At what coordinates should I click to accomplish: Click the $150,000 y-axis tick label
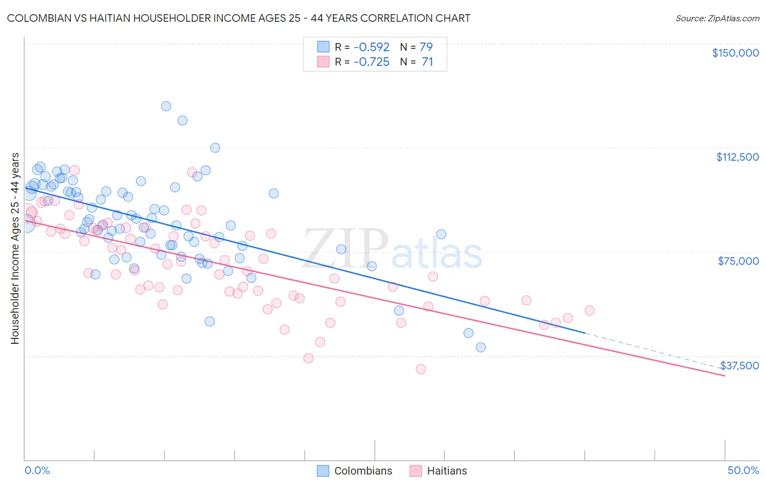click(735, 53)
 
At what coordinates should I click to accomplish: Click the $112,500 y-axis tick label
click(737, 157)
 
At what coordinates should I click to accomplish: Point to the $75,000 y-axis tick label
click(738, 261)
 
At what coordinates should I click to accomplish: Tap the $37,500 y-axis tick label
click(739, 366)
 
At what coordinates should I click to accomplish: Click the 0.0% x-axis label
click(37, 470)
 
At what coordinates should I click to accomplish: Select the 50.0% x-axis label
click(743, 470)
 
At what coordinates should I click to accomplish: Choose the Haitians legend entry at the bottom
click(446, 471)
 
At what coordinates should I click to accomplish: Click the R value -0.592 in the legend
click(372, 47)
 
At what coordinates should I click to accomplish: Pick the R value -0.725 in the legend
click(372, 62)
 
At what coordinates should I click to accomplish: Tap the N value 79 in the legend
click(426, 47)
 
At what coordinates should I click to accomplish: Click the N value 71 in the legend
click(427, 62)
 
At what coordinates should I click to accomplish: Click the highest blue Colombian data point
click(166, 106)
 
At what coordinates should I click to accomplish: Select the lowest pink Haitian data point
click(421, 369)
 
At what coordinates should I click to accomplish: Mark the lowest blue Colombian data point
click(481, 347)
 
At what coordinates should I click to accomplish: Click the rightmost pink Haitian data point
click(589, 311)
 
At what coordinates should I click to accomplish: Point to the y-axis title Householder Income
click(15, 248)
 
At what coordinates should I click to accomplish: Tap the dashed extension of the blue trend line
click(654, 350)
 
